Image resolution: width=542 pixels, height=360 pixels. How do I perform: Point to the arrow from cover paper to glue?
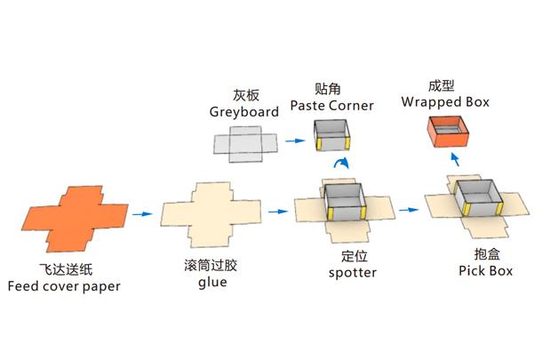click(x=141, y=213)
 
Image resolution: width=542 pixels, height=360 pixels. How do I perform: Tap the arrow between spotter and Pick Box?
click(x=408, y=210)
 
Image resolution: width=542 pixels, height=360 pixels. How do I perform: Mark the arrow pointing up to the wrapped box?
click(x=454, y=159)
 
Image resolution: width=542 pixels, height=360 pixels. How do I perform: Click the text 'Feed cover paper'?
click(x=64, y=286)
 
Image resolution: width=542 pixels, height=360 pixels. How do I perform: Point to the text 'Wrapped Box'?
click(x=445, y=101)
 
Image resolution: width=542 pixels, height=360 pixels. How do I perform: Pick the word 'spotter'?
click(x=353, y=272)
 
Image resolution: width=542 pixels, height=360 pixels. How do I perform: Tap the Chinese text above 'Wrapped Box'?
click(x=444, y=85)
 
